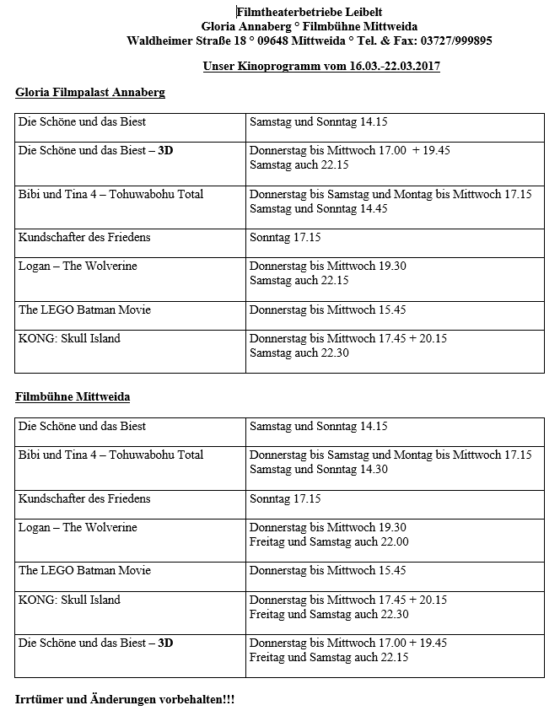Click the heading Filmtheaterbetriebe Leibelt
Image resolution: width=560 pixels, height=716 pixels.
pos(310,11)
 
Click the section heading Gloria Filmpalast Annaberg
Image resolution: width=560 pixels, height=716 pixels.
pos(90,92)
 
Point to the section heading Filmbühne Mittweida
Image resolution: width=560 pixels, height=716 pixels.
pos(73,396)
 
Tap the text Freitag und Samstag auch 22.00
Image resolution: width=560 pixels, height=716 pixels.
pos(329,542)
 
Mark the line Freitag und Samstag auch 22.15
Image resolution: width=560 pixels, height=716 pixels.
pos(329,658)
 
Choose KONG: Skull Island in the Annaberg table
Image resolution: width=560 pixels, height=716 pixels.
pos(69,339)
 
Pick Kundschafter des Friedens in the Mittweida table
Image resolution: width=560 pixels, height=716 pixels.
pos(84,498)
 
